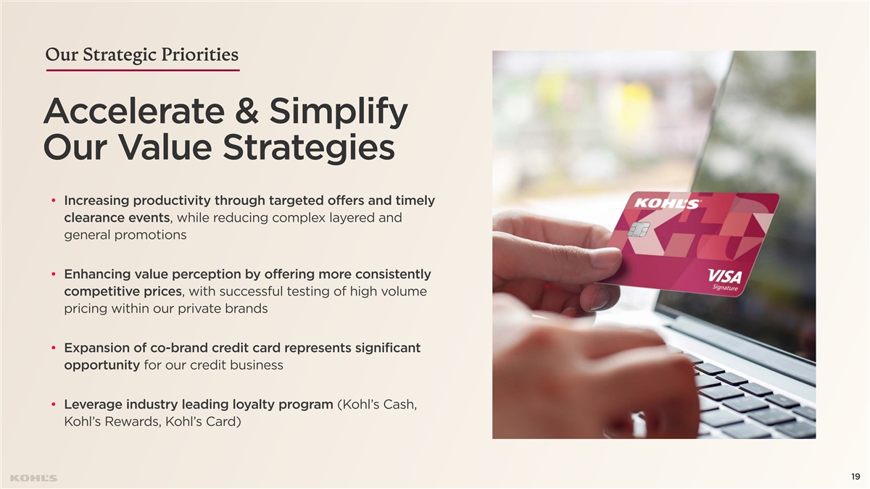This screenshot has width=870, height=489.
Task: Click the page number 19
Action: click(855, 477)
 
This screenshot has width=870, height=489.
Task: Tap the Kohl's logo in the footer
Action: click(33, 478)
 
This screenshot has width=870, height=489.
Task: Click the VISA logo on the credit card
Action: click(725, 276)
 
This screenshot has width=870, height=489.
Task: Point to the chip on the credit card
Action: click(639, 230)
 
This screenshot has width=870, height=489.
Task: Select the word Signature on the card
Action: click(725, 288)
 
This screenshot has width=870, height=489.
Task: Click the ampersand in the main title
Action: click(246, 111)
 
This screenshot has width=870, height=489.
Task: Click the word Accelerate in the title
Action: click(134, 112)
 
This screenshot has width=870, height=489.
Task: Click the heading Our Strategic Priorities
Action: click(142, 55)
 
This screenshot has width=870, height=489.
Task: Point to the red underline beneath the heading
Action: click(143, 70)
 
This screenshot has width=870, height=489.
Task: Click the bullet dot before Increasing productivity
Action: click(54, 201)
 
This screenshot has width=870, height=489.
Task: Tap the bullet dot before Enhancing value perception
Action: click(54, 275)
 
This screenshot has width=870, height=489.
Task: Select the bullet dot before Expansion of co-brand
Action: click(54, 348)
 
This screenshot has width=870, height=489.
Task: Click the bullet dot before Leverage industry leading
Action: click(54, 405)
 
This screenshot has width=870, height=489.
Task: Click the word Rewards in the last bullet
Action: click(132, 422)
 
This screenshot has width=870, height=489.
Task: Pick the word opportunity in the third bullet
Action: click(101, 366)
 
